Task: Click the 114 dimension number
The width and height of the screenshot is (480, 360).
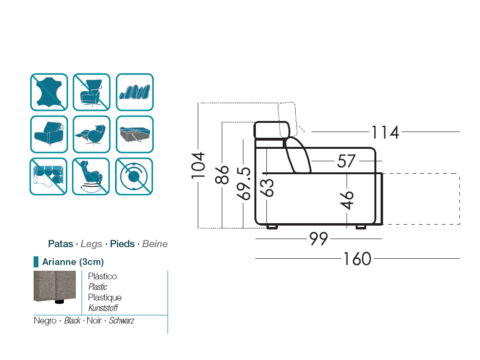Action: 385,132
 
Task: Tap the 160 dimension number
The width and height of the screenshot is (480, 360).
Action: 357,259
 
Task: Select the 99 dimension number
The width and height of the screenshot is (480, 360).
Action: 319,239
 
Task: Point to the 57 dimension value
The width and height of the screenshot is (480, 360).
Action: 346,161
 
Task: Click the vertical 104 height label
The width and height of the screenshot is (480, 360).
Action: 198,165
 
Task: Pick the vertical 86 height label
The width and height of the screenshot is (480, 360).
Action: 222,175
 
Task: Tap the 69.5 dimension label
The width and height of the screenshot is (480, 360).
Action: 244,184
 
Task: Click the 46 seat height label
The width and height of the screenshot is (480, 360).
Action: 347,200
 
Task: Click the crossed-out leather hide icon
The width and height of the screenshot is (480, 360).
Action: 49,92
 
